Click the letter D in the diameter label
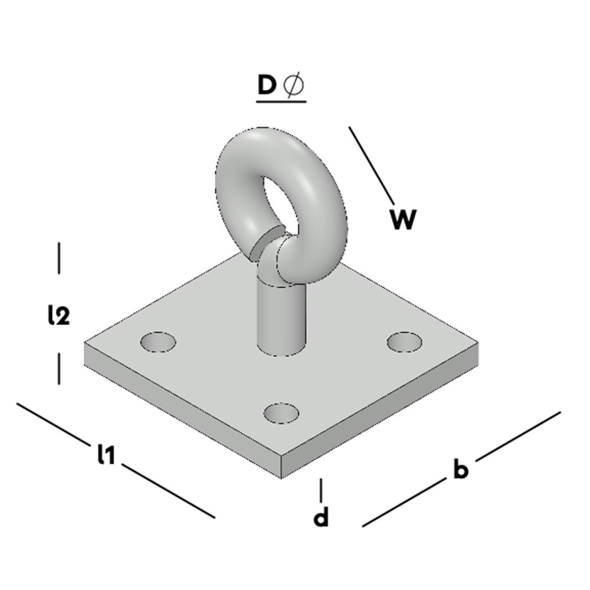point(267,86)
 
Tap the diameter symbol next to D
point(294,86)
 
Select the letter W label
point(404,219)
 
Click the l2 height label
point(59,316)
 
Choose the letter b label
point(461,470)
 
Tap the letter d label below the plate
point(320,518)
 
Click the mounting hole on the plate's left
point(158,342)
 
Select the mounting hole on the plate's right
point(404,341)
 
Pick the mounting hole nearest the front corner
point(281,413)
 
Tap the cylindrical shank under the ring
point(281,319)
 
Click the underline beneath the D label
point(281,102)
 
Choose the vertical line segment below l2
point(59,369)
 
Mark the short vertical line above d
point(321,490)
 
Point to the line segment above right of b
point(517,436)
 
